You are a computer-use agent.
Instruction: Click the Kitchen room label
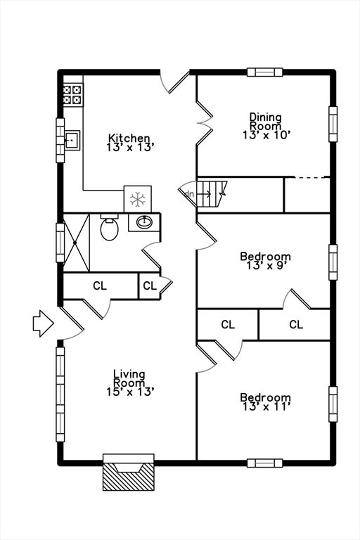point(129,138)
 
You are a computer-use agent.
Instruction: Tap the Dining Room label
point(265,121)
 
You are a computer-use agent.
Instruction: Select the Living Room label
point(129,378)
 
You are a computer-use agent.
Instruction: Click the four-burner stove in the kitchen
point(73,95)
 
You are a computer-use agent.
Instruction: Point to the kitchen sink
point(72,140)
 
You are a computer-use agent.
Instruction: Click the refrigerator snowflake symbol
point(137,200)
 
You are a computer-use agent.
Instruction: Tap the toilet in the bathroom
point(110,227)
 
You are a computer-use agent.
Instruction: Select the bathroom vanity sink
point(144,222)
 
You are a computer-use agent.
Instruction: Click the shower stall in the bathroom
point(77,243)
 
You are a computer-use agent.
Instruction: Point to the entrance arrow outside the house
point(43,323)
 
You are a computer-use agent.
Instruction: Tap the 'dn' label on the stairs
point(189,194)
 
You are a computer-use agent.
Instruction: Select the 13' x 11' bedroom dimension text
point(266,407)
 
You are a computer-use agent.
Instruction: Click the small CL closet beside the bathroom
point(150,286)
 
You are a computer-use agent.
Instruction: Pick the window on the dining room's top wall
point(264,72)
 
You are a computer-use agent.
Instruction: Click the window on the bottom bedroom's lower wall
point(264,463)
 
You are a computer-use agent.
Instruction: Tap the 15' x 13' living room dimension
point(130,392)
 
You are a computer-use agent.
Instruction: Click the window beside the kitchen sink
point(60,140)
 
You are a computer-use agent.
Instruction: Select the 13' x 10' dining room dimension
point(265,135)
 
